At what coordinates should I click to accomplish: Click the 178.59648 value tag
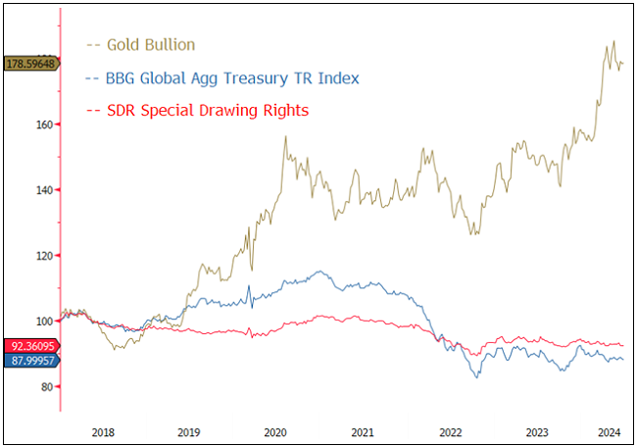(29, 64)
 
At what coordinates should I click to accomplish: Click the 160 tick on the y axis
(43, 124)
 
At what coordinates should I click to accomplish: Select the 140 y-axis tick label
(43, 190)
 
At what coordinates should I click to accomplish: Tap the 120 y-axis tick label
(43, 256)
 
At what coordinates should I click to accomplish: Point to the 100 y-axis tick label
(43, 322)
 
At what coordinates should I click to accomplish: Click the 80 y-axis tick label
(46, 387)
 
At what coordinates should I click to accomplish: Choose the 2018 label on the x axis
(103, 430)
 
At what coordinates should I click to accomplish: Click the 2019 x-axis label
(189, 430)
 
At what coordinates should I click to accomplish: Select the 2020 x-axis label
(275, 430)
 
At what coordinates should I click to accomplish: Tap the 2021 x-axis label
(362, 430)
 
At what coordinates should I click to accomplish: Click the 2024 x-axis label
(607, 430)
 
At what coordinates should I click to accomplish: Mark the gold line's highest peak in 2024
(613, 42)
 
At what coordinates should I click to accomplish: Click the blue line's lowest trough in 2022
(477, 377)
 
